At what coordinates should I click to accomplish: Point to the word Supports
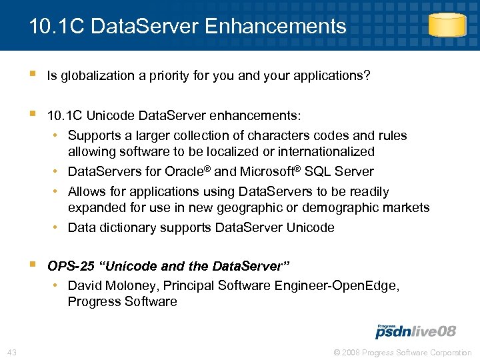click(x=92, y=135)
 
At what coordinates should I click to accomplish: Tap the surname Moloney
click(x=131, y=285)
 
